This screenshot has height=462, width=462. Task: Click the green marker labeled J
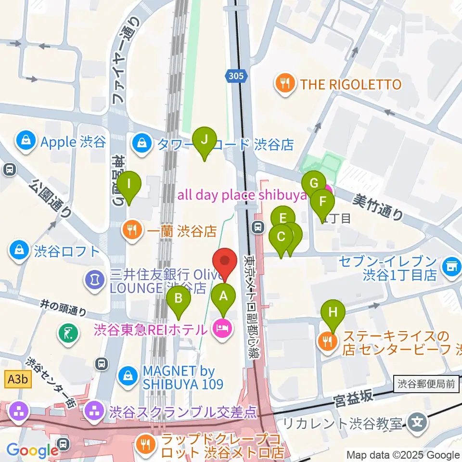tap(204, 141)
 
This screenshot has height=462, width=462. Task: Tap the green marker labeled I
tap(129, 184)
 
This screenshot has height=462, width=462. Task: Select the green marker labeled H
tap(333, 312)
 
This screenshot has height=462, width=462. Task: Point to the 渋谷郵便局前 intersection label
tap(426, 384)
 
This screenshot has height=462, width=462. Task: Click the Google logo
tap(32, 450)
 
